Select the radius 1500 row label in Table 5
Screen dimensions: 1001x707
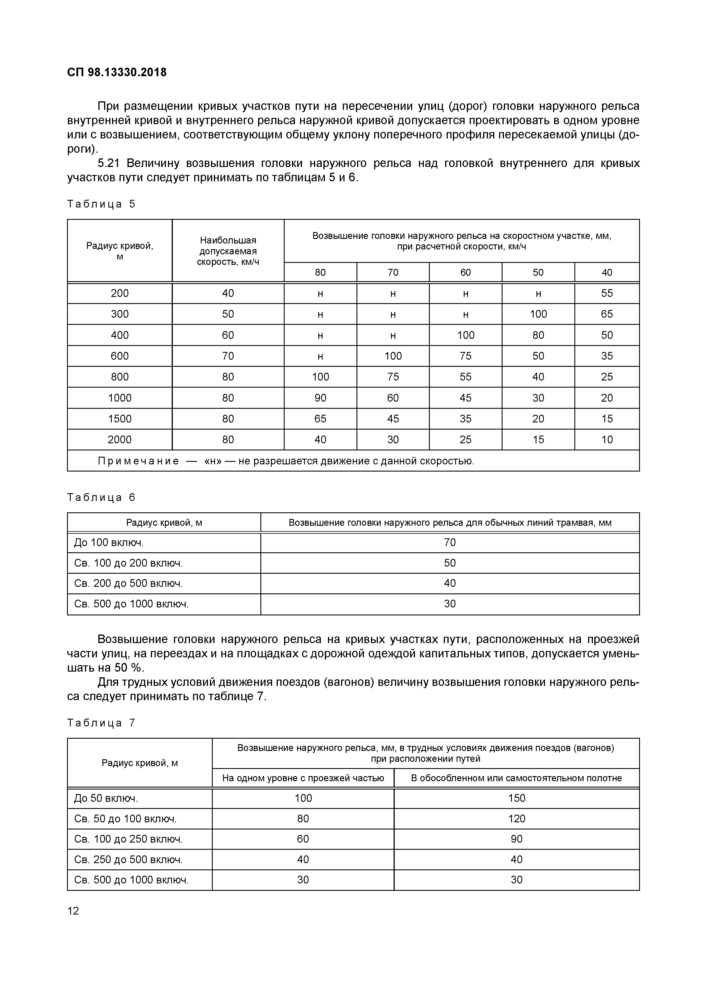point(119,418)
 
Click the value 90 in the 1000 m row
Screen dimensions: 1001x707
point(320,398)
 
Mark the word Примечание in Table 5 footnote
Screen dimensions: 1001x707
point(138,461)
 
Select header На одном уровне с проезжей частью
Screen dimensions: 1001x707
point(303,778)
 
